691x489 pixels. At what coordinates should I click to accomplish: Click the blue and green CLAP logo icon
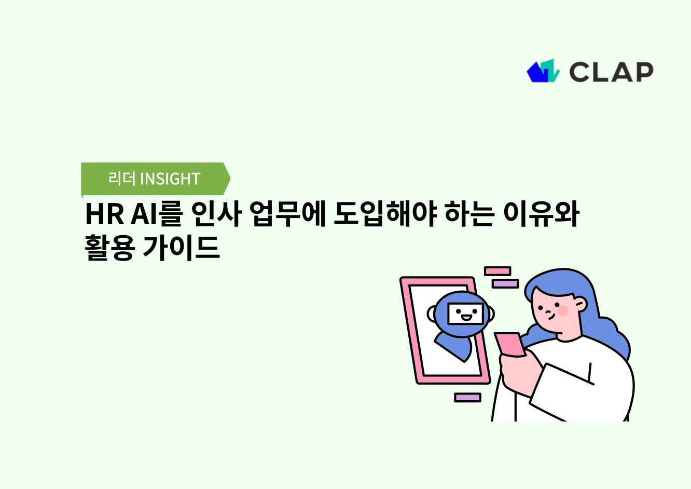pyautogui.click(x=543, y=71)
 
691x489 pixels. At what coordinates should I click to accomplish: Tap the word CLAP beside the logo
pyautogui.click(x=611, y=72)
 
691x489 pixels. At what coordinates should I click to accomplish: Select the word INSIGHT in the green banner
pyautogui.click(x=170, y=179)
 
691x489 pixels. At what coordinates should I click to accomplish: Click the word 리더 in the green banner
pyautogui.click(x=122, y=179)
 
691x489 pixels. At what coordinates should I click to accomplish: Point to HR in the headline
pyautogui.click(x=104, y=214)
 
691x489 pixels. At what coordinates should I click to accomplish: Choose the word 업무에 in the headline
pyautogui.click(x=287, y=214)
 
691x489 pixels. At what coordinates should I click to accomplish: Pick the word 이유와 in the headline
pyautogui.click(x=541, y=214)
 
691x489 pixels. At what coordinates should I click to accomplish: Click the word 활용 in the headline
pyautogui.click(x=110, y=248)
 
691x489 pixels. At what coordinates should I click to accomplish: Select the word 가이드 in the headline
pyautogui.click(x=181, y=248)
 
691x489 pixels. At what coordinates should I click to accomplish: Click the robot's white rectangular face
pyautogui.click(x=465, y=314)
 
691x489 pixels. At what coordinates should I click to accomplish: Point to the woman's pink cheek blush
pyautogui.click(x=562, y=310)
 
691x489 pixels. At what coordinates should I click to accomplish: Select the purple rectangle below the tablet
pyautogui.click(x=467, y=398)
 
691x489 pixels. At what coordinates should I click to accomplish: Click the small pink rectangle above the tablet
pyautogui.click(x=497, y=271)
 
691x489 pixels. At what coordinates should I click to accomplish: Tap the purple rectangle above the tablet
pyautogui.click(x=505, y=283)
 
